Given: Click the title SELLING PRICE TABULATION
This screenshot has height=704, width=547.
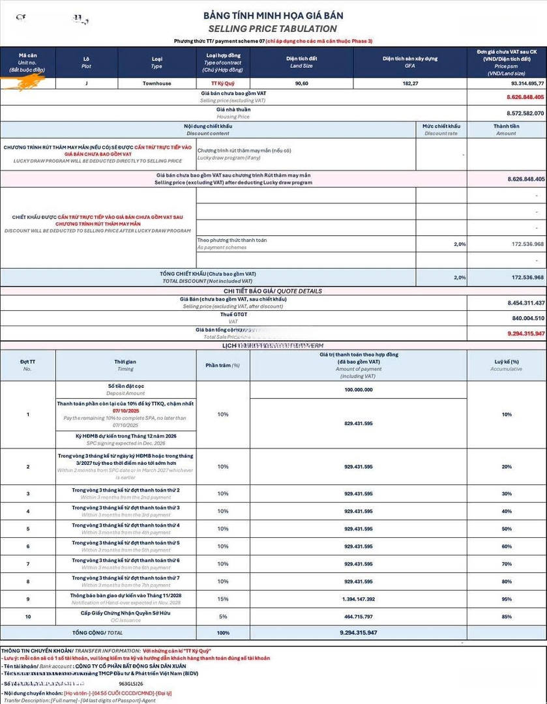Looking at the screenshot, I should [273, 29].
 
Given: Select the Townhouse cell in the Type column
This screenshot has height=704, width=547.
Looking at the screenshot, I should [156, 83].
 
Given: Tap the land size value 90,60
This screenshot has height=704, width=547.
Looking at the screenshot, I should [301, 83].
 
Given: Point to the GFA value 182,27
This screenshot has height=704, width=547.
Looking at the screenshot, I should [410, 83].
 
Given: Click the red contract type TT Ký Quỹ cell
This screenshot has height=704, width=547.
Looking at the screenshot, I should [222, 83].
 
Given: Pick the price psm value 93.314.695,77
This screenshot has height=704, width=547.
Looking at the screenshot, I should [518, 83].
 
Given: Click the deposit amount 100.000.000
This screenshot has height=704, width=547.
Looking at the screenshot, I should [359, 389].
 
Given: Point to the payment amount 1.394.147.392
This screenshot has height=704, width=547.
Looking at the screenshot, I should [359, 599].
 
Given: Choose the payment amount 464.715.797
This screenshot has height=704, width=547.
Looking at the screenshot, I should [359, 617].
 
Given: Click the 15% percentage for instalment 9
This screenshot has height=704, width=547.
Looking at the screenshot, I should [223, 599].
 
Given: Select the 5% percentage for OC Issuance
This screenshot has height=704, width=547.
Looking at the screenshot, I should [223, 617].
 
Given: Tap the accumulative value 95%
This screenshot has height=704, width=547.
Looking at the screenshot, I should [507, 599].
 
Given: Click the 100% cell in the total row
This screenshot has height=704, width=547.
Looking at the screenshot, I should [223, 633].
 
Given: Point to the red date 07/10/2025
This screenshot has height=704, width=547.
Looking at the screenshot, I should [126, 411].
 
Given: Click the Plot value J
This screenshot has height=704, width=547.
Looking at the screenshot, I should [87, 83].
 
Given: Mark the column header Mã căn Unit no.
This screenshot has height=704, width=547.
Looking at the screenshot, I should [27, 62].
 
